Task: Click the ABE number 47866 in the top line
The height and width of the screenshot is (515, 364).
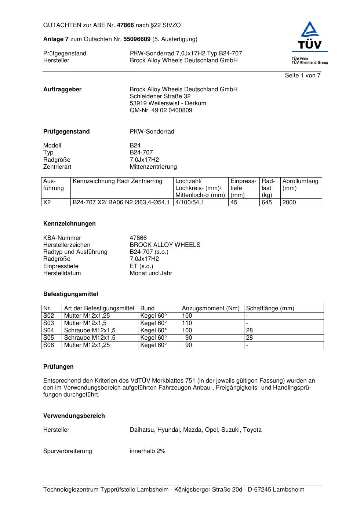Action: [125, 25]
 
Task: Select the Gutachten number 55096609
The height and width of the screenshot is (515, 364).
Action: [137, 39]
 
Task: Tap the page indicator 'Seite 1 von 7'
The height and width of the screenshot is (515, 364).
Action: [302, 76]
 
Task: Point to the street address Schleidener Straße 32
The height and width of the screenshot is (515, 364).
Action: [160, 96]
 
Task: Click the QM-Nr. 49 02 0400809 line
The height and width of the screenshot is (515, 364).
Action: [161, 110]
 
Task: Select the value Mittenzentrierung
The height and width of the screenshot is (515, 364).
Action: [153, 167]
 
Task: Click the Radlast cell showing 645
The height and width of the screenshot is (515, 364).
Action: [267, 202]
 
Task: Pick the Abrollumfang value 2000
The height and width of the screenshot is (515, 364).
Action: [289, 202]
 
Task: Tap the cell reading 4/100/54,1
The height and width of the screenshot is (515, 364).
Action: [190, 202]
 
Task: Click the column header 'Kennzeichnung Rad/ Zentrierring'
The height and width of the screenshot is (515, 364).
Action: [117, 181]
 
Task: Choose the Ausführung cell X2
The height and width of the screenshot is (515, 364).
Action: [47, 202]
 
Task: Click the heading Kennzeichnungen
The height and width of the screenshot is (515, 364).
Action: [69, 224]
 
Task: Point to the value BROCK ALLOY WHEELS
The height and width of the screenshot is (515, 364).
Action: [165, 245]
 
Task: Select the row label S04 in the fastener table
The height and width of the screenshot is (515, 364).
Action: [48, 330]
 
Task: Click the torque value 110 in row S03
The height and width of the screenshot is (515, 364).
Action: [187, 323]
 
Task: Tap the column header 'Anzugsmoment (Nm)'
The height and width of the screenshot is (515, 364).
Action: [211, 308]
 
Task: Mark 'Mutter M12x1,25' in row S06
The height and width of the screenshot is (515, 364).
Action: [87, 345]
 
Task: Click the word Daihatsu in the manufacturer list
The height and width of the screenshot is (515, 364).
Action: [142, 430]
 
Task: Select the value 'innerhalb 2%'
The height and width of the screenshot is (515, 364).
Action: [148, 451]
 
